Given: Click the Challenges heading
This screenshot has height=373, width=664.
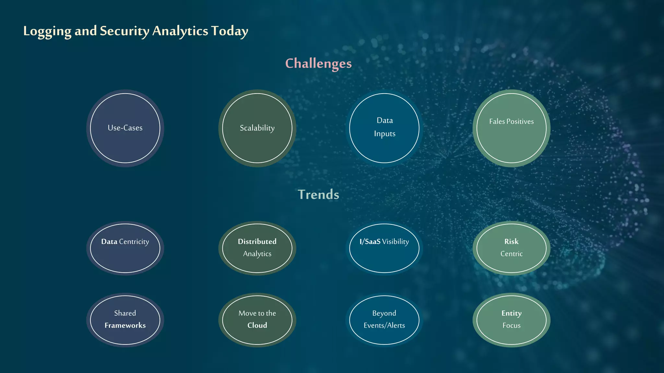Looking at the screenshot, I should coord(318,63).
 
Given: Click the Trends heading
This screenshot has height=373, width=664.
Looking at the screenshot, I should coord(318,195).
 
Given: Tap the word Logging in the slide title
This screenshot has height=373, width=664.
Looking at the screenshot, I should coord(47,31).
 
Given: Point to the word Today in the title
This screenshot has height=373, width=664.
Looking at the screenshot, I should coord(230,31).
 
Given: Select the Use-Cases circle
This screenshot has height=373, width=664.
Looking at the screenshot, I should coord(125,128).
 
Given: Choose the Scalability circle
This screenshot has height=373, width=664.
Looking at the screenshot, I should coord(257,128).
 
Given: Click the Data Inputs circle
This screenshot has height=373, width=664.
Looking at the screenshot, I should coord(384,128).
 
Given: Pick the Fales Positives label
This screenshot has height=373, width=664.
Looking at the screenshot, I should coord(511,121).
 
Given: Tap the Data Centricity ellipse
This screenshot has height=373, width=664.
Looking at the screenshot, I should coord(125,248).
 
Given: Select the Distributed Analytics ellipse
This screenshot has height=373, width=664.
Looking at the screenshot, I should coord(257,248).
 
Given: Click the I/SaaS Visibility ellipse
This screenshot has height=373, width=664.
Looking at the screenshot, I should coord(384,248).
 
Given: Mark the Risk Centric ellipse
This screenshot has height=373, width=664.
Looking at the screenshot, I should coord(511,248).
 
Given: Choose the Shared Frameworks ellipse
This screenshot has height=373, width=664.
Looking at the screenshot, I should coord(125,320).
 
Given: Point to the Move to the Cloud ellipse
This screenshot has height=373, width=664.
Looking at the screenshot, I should coord(257,320).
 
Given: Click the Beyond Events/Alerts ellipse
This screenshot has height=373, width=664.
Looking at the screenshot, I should coord(384,320).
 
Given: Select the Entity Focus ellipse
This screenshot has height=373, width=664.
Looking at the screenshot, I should coord(511,320).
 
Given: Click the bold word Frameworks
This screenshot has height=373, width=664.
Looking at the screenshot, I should coord(125,325).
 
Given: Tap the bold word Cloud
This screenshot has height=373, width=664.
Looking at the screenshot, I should coord(257,325).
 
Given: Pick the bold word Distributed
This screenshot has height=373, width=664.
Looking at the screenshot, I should coord(257,242).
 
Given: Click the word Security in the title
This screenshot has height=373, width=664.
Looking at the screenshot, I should coord(124,31).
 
